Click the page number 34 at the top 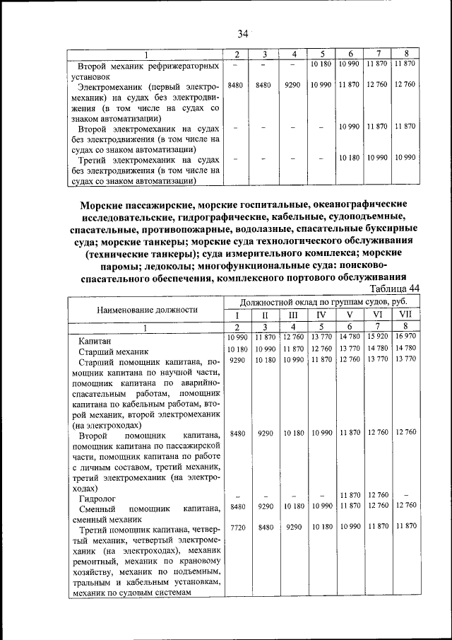(x=243, y=33)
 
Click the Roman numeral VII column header (x=405, y=315)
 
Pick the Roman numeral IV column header (x=321, y=315)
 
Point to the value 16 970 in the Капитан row (x=405, y=336)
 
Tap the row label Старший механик (x=113, y=351)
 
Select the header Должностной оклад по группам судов (x=321, y=301)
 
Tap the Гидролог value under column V (x=349, y=495)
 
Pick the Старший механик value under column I (x=237, y=349)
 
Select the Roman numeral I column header (x=237, y=315)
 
